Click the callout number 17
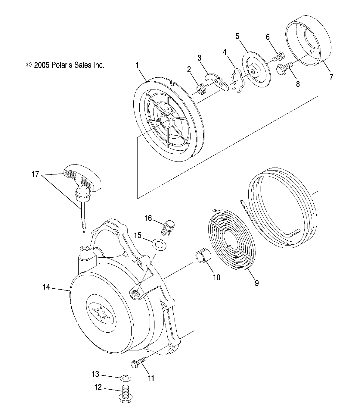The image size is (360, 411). click(x=36, y=174)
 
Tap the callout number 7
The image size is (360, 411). click(x=331, y=77)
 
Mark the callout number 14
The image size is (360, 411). click(x=46, y=287)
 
